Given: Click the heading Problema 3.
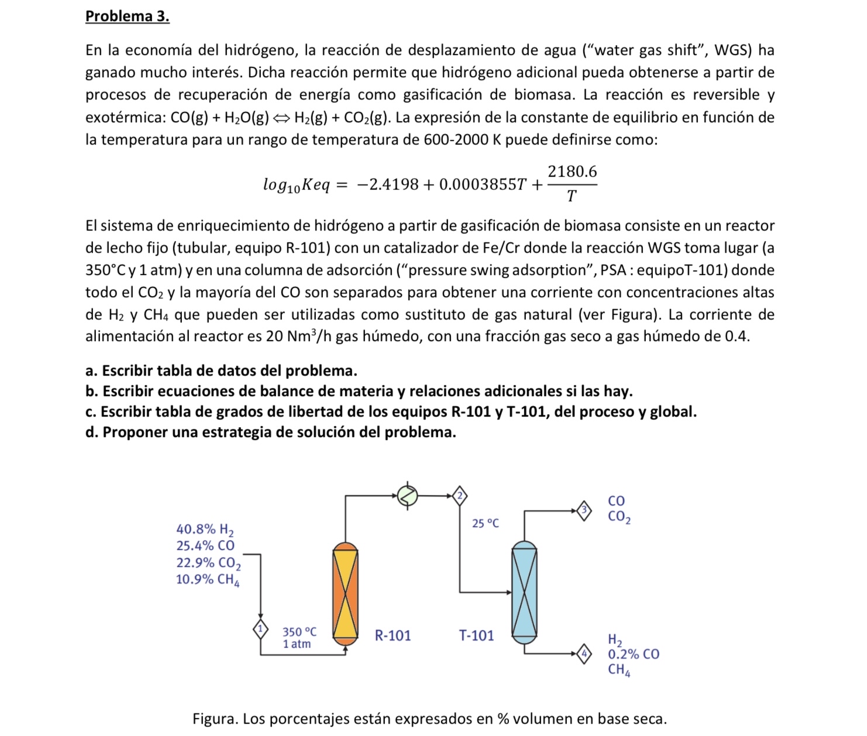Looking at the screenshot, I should [x=127, y=16].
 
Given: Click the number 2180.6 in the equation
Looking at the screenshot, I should [x=572, y=172].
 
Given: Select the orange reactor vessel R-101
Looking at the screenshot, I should [x=345, y=593].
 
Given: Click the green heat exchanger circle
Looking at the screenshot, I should [x=408, y=496].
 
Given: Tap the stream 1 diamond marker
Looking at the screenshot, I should [x=260, y=630].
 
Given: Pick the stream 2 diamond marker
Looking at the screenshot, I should [x=460, y=496].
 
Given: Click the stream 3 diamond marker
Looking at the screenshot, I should [x=584, y=511].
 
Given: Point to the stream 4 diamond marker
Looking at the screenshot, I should [x=584, y=654].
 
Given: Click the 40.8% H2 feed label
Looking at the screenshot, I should [x=205, y=529].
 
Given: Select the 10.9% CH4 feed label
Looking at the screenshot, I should [x=208, y=580].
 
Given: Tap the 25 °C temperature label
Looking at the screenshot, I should [x=486, y=523].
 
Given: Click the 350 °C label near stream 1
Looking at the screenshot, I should [x=300, y=632].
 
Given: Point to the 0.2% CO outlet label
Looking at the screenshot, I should [x=634, y=654].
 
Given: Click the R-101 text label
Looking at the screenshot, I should [x=393, y=635].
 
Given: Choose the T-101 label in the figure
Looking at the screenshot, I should [x=476, y=635].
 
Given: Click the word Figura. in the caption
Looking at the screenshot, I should [x=215, y=718].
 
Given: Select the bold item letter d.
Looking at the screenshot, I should [x=91, y=432].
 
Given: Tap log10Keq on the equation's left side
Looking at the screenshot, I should [x=297, y=185].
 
